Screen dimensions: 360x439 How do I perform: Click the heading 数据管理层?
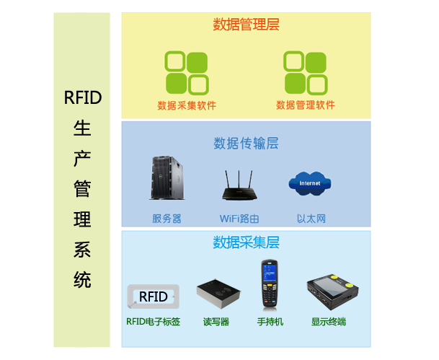(246, 25)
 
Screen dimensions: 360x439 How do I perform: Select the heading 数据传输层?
(246, 143)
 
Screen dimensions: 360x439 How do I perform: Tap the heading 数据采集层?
(246, 242)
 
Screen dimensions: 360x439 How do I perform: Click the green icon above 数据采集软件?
(186, 72)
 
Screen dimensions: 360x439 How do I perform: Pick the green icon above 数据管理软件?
(305, 72)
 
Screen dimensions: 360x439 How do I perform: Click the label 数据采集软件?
(186, 105)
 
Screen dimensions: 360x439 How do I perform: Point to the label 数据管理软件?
(305, 105)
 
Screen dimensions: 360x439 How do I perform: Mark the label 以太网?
(311, 218)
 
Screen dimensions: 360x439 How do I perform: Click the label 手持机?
(270, 321)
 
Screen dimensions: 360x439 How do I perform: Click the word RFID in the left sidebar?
(83, 97)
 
